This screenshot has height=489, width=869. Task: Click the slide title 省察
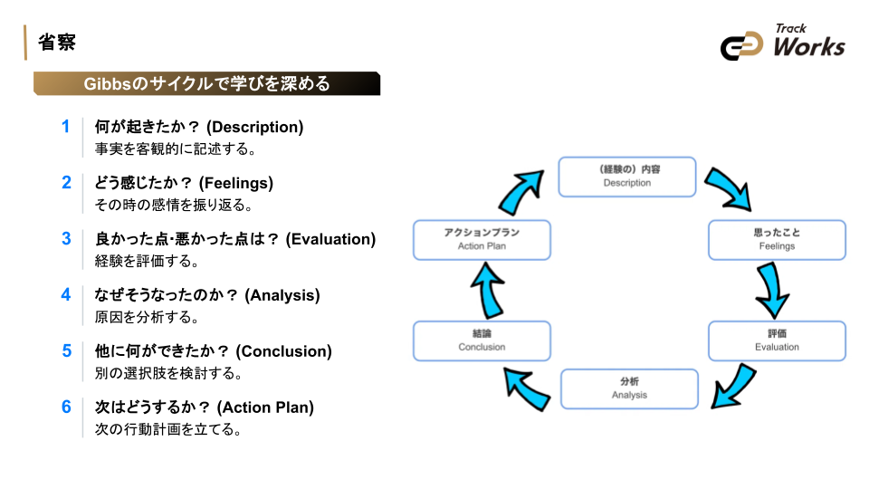(56, 43)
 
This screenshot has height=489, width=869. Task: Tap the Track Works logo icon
(742, 46)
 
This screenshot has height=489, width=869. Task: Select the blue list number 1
(65, 127)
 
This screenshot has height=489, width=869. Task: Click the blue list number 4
(65, 294)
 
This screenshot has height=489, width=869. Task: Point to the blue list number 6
(65, 407)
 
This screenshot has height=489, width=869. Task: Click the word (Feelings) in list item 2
(236, 183)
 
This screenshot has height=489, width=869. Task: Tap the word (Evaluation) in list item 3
(330, 239)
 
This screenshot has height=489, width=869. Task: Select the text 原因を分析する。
(147, 317)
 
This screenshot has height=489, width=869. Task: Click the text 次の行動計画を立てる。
(168, 429)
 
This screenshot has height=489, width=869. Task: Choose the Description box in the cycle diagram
(626, 177)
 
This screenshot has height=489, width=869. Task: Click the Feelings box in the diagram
(777, 240)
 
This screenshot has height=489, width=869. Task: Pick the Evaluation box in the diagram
(777, 340)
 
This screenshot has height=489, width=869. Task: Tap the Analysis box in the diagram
(629, 388)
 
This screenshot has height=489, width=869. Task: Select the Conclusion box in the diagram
(482, 340)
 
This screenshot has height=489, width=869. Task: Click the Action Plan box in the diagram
(482, 240)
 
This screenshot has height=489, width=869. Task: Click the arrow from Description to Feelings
(729, 187)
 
